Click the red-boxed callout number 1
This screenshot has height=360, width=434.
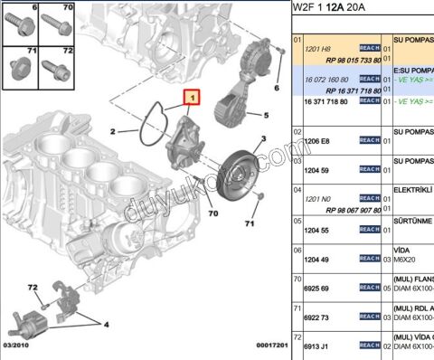tap(192, 94)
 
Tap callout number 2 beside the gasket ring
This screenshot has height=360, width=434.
tap(113, 132)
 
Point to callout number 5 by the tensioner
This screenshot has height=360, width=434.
tap(266, 116)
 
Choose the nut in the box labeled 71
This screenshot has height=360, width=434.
tap(21, 67)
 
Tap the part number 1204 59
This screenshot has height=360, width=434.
tap(316, 169)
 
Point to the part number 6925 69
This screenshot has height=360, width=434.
tap(316, 288)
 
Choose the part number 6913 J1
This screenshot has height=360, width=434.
tap(316, 346)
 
